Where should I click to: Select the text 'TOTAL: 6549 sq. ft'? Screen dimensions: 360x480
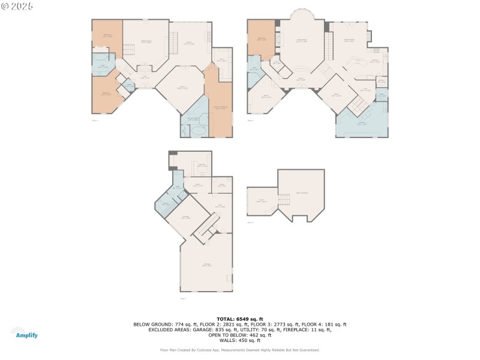tap(239, 319)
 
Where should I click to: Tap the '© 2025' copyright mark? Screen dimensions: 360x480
tap(17, 6)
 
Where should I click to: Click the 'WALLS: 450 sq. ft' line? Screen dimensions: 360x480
tap(239, 340)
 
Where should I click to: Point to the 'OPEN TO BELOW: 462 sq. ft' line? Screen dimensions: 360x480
tap(239, 335)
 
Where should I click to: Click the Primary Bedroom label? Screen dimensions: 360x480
tap(220, 107)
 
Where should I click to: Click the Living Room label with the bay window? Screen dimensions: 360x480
tap(298, 41)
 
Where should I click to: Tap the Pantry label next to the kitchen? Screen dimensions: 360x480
tap(381, 82)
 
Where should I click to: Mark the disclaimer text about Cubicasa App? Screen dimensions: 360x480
tap(239, 350)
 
